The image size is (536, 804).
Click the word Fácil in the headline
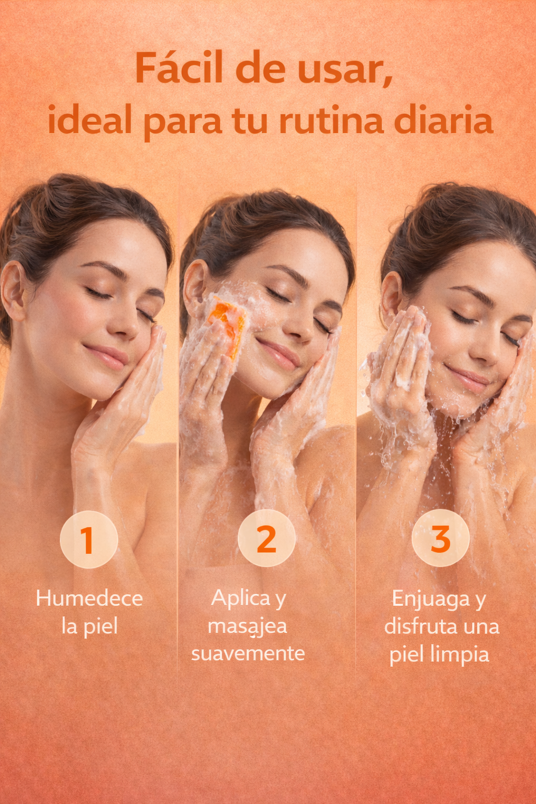180,68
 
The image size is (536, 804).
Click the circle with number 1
88,540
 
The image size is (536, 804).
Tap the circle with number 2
266,538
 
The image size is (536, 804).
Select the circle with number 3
441,538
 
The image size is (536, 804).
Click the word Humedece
90,599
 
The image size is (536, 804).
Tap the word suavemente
248,654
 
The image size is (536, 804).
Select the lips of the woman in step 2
279,353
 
